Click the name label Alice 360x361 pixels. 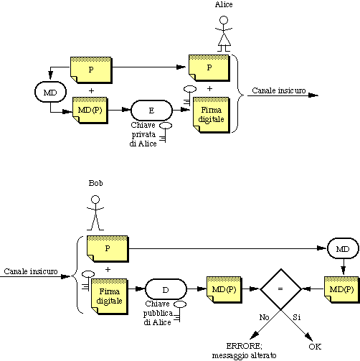224,4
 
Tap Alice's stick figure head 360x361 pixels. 224,20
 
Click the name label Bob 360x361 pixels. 95,183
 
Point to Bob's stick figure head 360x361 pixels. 95,200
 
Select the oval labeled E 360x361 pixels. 151,111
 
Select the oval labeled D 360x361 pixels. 166,289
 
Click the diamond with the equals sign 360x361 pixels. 280,289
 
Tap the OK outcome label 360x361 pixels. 315,347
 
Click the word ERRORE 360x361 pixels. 244,346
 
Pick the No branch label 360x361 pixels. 264,317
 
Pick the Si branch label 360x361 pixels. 296,317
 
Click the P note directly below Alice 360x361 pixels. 209,68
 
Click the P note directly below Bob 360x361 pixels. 108,249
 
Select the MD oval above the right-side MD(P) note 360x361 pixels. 343,249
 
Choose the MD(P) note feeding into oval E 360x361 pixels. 90,111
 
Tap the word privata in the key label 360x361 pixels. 143,135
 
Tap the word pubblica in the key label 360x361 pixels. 158,314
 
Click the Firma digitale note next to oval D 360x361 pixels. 110,296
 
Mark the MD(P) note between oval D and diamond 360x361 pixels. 224,289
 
